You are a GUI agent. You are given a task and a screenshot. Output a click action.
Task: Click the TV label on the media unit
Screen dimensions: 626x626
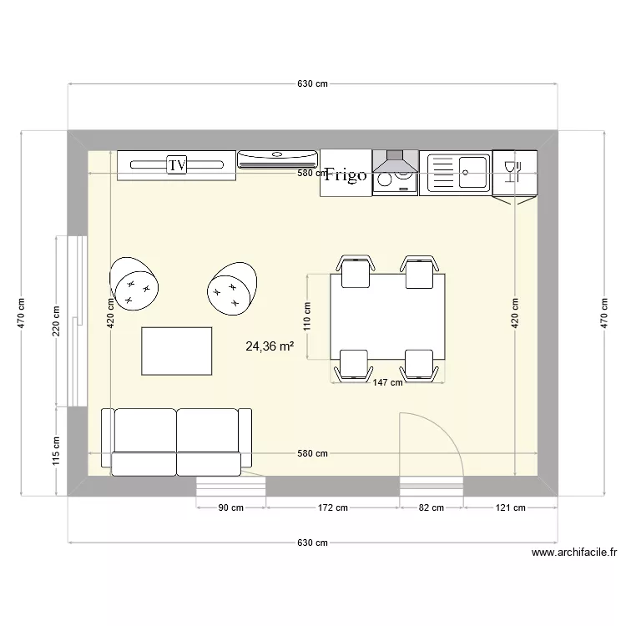point(176,165)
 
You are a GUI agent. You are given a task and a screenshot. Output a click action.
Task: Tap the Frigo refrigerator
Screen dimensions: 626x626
point(346,174)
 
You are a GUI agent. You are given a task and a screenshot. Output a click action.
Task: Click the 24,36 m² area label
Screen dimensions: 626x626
point(269,346)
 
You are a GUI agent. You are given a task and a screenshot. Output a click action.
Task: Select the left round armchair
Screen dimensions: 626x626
point(133,284)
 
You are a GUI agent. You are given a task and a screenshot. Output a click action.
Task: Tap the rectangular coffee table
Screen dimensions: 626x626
point(177,351)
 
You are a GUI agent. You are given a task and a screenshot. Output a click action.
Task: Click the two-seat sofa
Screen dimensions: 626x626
point(176,442)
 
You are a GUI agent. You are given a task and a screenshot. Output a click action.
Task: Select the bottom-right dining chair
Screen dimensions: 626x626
point(419,365)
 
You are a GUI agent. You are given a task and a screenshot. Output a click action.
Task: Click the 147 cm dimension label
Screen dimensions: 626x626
point(387,383)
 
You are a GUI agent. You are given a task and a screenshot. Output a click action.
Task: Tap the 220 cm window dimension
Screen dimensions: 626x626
point(57,321)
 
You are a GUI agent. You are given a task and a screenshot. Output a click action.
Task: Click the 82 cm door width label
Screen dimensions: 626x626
point(432,507)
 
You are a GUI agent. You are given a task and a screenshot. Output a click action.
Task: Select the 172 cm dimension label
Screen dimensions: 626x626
point(332,507)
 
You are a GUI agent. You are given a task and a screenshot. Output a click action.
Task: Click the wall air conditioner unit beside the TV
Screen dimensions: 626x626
point(278,159)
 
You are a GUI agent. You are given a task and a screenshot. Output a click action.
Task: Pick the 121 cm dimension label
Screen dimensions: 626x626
point(509,507)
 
